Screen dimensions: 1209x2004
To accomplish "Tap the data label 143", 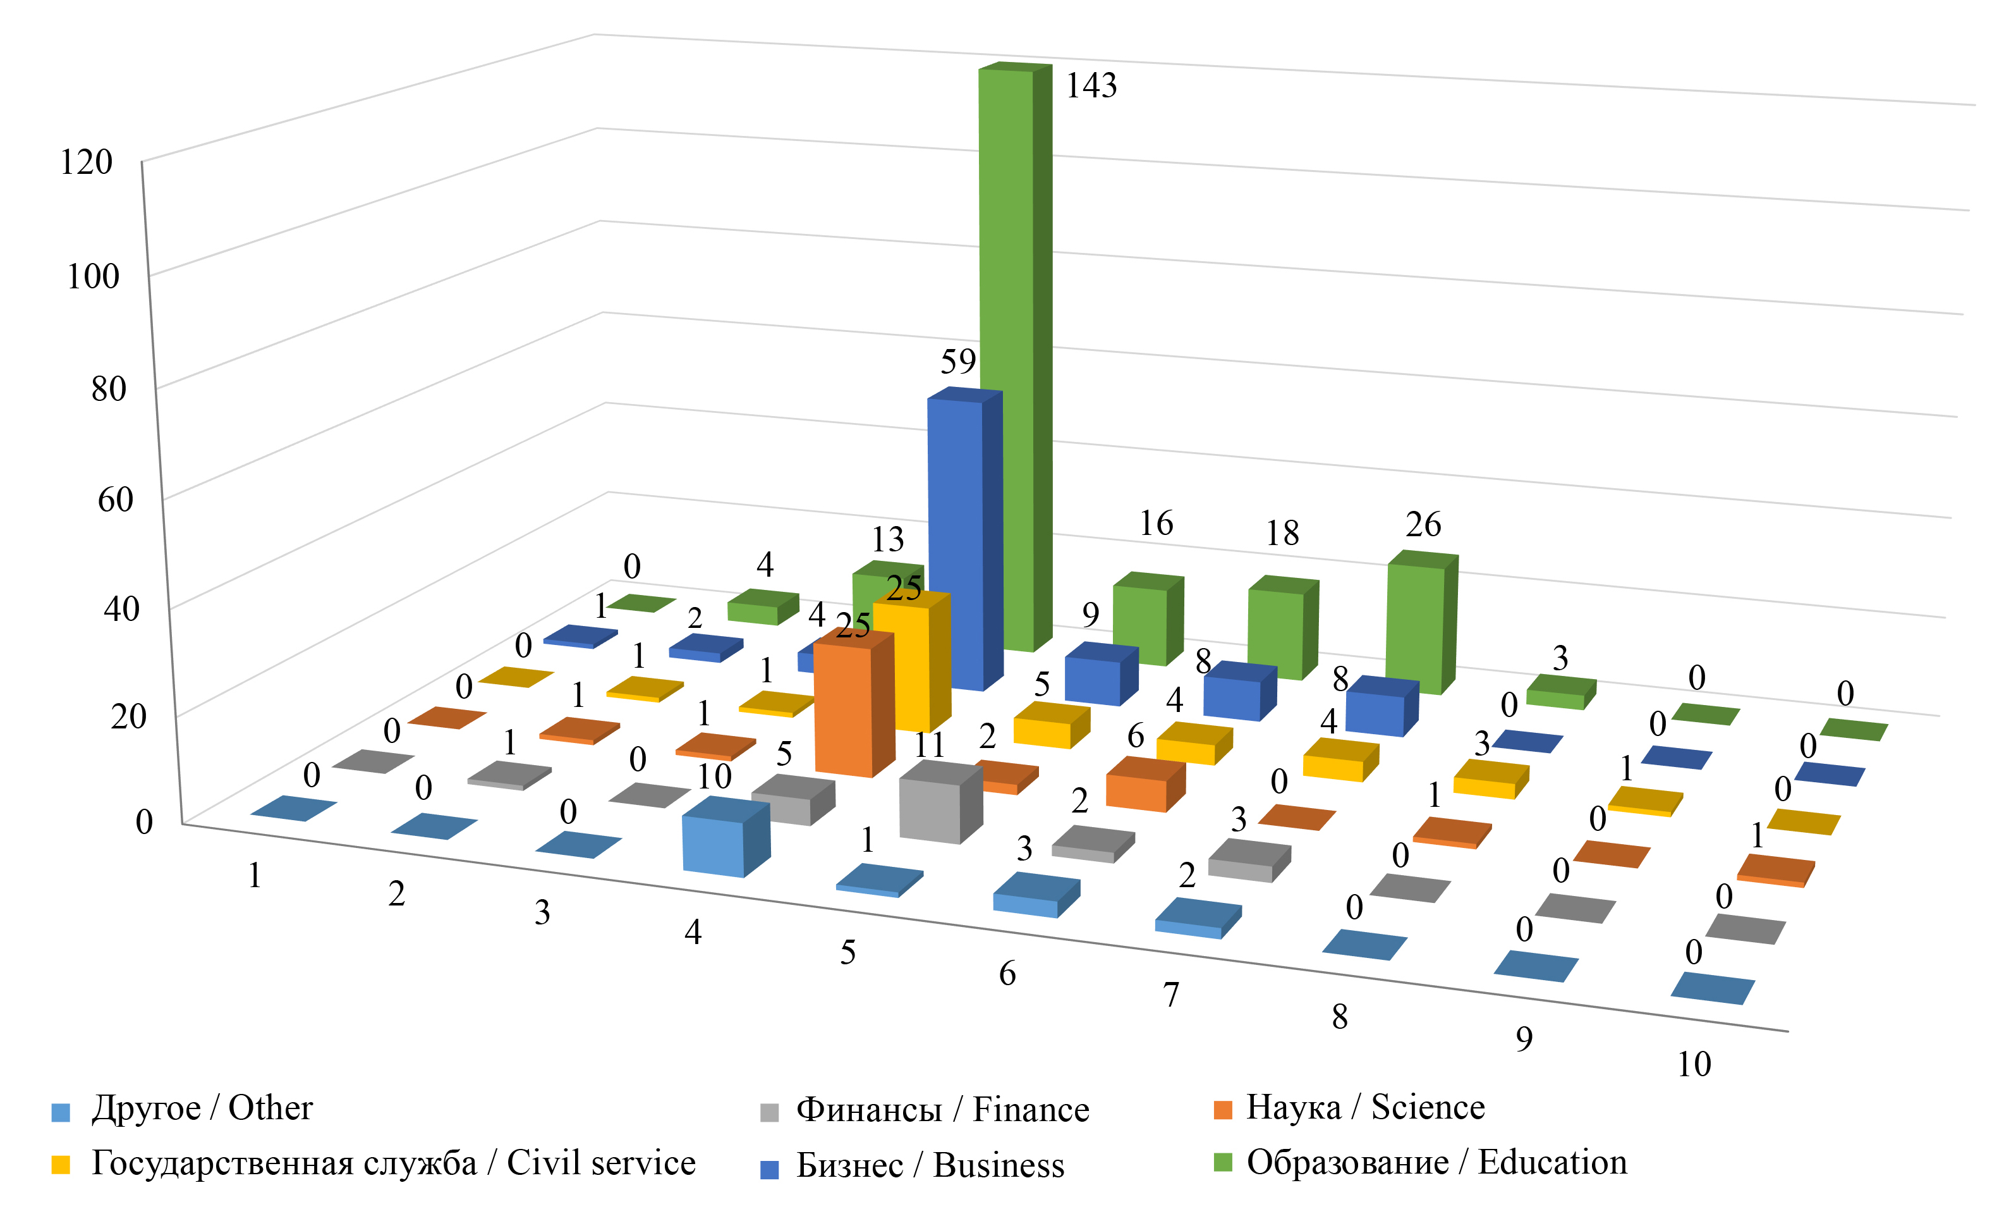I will point(1091,85).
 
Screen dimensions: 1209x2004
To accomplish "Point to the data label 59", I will point(958,361).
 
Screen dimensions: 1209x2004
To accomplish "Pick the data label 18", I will point(1282,534).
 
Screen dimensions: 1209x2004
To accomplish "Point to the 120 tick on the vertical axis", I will point(86,163).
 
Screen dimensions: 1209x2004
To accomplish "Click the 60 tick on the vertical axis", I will point(116,500).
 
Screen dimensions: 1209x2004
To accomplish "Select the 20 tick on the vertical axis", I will point(128,717).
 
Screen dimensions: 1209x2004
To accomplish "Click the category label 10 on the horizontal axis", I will point(1694,1064).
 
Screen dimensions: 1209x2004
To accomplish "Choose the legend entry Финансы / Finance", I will point(942,1110).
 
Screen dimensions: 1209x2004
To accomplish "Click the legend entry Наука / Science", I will point(1364,1107).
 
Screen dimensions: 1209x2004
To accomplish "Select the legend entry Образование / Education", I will point(1436,1163).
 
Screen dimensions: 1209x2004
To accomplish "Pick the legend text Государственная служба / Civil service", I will point(393,1163).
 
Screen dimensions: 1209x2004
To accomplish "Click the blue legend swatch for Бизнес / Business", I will point(768,1170).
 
